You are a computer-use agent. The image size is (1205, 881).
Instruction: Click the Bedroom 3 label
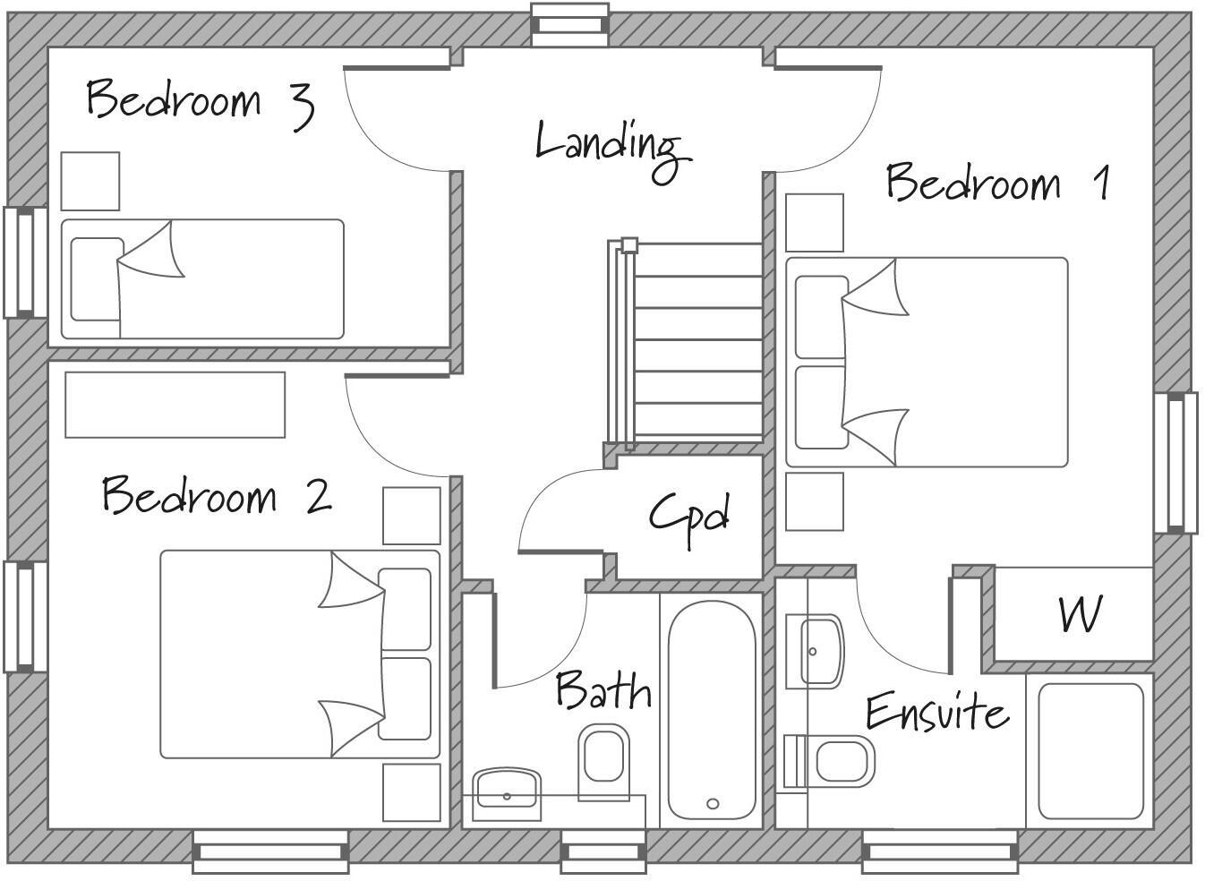tap(199, 100)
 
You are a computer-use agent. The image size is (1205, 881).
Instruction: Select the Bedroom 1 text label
tap(996, 183)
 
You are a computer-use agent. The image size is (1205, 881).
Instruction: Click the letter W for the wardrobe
tap(1080, 614)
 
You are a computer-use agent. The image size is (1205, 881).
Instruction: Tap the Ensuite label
tap(936, 713)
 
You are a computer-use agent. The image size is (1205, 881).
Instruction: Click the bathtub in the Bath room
tap(712, 710)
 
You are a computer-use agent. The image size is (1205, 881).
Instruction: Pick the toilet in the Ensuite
tap(837, 762)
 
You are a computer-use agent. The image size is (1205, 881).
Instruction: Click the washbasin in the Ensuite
tap(816, 651)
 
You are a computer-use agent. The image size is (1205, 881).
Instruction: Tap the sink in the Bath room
tap(507, 791)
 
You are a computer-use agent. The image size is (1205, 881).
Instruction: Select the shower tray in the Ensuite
tap(1091, 752)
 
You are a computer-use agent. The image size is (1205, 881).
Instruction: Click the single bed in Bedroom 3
tap(202, 279)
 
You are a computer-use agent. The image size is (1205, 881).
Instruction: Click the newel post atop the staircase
tap(629, 244)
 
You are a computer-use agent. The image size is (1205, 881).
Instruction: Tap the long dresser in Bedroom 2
tap(175, 405)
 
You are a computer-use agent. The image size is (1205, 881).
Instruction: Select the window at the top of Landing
tap(570, 24)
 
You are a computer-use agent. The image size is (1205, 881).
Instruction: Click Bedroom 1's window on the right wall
tap(1182, 463)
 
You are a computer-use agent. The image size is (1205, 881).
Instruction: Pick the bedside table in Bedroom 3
tap(90, 181)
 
